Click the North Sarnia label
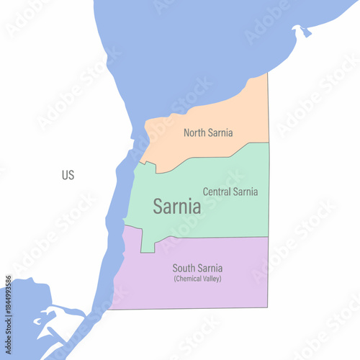coord(207,132)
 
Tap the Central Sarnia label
coord(230,192)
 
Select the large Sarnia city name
coord(176,207)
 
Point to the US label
coord(68,175)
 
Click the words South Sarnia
coord(197,269)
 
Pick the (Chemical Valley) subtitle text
coord(197,279)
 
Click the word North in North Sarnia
coord(194,132)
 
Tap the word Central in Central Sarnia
coord(217,192)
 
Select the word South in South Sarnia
coord(184,269)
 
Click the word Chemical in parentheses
coord(189,279)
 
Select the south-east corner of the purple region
coord(268,309)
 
